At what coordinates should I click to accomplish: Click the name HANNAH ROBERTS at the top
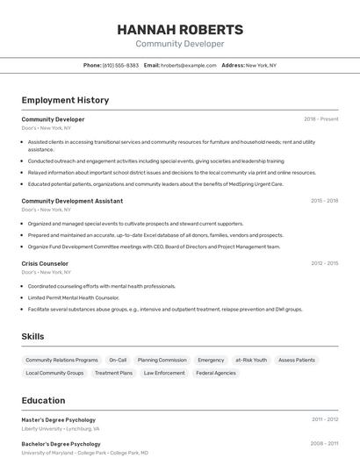click(180, 29)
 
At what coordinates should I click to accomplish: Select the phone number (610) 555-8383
click(120, 65)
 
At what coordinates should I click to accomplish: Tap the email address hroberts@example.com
click(189, 65)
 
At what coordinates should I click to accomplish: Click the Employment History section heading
click(65, 100)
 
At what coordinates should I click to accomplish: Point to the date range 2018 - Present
click(321, 118)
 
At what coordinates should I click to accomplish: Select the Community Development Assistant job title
click(72, 201)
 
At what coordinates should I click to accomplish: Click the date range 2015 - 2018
click(324, 201)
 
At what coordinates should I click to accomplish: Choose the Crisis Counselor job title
click(45, 263)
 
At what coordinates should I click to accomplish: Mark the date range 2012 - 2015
click(324, 263)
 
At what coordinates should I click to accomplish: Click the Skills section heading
click(32, 336)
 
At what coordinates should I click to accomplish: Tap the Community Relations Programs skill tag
click(61, 360)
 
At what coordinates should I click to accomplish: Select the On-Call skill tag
click(118, 360)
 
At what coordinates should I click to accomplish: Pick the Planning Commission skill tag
click(162, 360)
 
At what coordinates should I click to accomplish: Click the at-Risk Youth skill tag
click(251, 360)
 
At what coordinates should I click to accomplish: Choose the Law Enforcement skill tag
click(164, 373)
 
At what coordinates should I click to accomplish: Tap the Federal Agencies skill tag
click(216, 373)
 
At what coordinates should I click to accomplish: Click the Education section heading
click(43, 400)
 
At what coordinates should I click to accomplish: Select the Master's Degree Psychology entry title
click(59, 420)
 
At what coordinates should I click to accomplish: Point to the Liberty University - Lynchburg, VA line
click(61, 429)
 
